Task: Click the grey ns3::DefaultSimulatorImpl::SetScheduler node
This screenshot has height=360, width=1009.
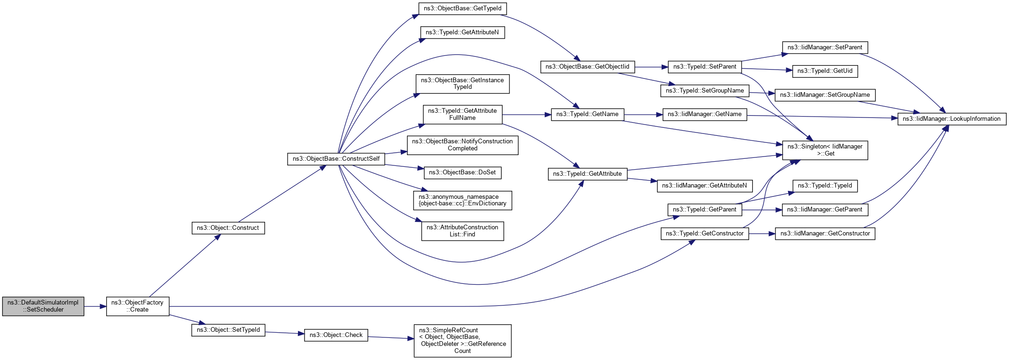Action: click(43, 306)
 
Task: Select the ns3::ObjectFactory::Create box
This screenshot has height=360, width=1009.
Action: click(138, 306)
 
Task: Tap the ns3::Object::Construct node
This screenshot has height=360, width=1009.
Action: click(228, 228)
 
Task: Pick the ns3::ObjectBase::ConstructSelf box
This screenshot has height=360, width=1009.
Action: click(336, 159)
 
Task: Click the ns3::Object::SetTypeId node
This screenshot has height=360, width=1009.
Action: click(228, 330)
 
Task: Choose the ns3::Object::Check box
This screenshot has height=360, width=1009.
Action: click(336, 335)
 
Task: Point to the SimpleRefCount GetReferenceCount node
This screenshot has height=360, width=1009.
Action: click(462, 341)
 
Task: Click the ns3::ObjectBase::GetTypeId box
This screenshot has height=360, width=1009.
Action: click(462, 8)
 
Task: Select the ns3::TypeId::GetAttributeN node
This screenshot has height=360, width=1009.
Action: click(462, 32)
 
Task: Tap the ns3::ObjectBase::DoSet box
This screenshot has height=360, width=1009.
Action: click(462, 172)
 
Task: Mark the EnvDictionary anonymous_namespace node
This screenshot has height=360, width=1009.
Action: click(462, 200)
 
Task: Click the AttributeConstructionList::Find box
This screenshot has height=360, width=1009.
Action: click(462, 231)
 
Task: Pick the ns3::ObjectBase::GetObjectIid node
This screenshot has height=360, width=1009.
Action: click(587, 67)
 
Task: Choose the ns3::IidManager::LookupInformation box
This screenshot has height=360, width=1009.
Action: click(952, 119)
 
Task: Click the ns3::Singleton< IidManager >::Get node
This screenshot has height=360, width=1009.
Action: click(825, 150)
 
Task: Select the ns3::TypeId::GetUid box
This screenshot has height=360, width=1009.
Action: click(825, 71)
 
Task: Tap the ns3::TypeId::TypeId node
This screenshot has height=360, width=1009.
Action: click(825, 186)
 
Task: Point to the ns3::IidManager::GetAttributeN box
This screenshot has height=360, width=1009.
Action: click(704, 186)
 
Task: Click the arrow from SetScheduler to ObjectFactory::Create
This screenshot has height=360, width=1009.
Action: click(95, 306)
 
